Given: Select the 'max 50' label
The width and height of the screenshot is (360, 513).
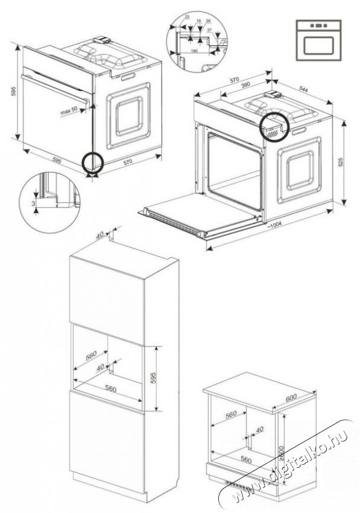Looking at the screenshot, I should (x=70, y=112).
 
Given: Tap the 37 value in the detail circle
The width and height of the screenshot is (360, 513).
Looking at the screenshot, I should (x=209, y=30).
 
